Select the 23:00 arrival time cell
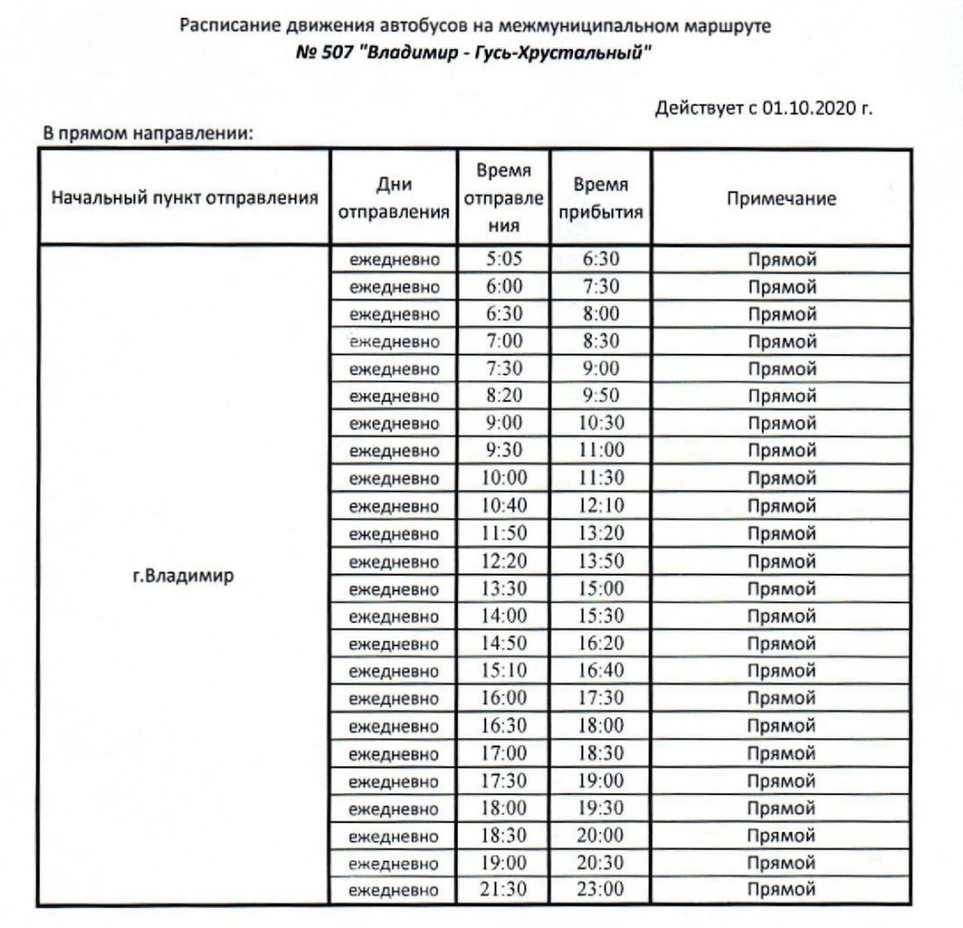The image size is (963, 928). pos(600,889)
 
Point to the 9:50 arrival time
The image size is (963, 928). pos(600,397)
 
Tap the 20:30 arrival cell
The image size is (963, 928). pos(600,862)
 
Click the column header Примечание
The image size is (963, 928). pos(781,199)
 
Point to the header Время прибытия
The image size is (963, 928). pos(600,199)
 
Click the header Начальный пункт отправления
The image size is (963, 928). pos(182,199)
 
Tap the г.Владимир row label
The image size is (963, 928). pos(182,575)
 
